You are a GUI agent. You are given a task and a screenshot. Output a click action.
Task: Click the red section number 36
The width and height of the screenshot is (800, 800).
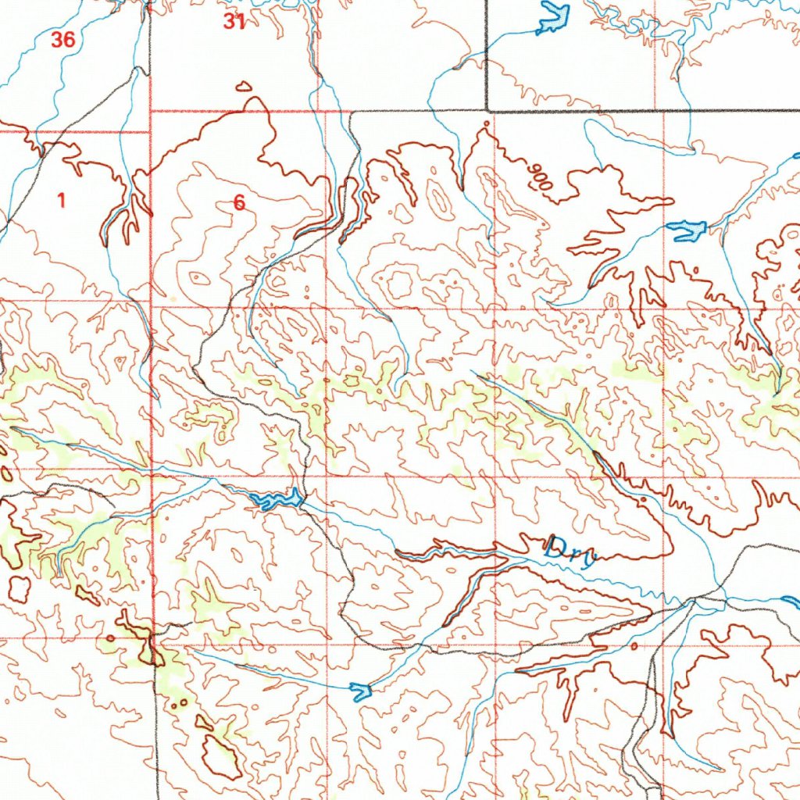(62, 40)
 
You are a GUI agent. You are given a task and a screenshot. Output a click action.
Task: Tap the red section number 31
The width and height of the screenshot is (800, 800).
(234, 22)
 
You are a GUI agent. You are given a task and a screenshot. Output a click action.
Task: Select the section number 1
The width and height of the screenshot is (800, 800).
(61, 200)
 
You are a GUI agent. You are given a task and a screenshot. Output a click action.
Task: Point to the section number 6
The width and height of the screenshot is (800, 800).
(239, 203)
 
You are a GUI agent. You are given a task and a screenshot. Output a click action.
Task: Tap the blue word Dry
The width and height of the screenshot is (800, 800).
(571, 548)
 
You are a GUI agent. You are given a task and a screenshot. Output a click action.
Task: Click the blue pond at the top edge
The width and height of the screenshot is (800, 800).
(554, 18)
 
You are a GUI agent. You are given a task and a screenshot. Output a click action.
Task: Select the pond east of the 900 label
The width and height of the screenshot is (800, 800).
(687, 230)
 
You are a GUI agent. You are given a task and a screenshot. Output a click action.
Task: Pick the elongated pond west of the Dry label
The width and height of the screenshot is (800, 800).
(275, 499)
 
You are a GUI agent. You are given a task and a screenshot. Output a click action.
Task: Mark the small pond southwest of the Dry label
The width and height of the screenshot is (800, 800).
(360, 690)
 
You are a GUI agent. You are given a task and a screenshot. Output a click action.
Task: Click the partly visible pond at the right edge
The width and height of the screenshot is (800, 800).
(791, 602)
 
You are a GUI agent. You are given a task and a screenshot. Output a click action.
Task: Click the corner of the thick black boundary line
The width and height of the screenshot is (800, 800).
(487, 110)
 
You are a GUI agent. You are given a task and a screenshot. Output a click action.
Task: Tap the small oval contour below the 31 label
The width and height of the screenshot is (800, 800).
(244, 86)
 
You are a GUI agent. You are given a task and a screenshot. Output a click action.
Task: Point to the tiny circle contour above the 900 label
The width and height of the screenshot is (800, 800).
(487, 123)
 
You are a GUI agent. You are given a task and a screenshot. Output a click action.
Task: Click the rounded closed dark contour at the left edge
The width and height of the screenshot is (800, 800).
(18, 588)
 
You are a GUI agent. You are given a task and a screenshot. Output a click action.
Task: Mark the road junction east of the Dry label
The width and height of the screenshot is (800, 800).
(692, 601)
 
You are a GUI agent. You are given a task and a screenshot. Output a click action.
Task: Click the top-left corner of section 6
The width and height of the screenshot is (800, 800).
(150, 112)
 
